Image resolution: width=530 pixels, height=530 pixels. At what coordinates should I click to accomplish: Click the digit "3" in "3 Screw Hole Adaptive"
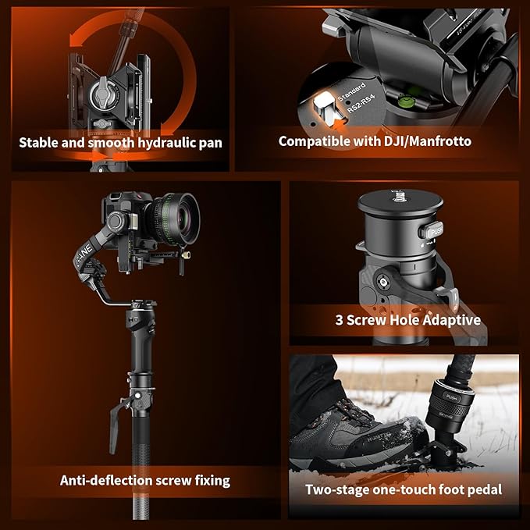click(x=340, y=320)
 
